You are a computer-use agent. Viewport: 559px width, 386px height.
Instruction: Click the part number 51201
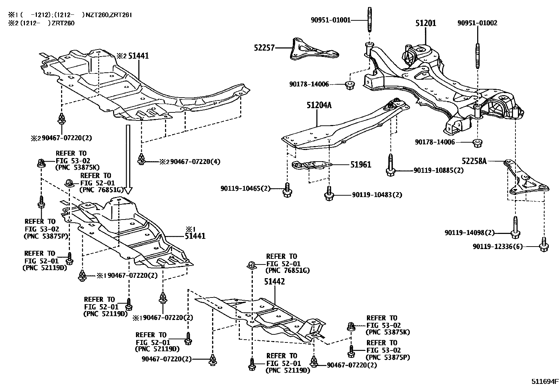point(426,23)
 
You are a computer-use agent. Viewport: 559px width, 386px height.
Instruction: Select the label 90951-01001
point(331,20)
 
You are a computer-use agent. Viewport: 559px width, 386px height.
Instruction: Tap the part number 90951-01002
point(477,23)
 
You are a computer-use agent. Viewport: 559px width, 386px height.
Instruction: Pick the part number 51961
point(360,164)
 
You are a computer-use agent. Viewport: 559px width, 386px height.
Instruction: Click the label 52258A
point(474,161)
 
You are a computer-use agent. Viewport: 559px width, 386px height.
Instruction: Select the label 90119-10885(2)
point(439,170)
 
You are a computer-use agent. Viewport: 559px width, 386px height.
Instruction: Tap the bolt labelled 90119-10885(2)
point(390,165)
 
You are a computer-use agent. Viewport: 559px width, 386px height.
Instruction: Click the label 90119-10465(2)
point(246,189)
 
